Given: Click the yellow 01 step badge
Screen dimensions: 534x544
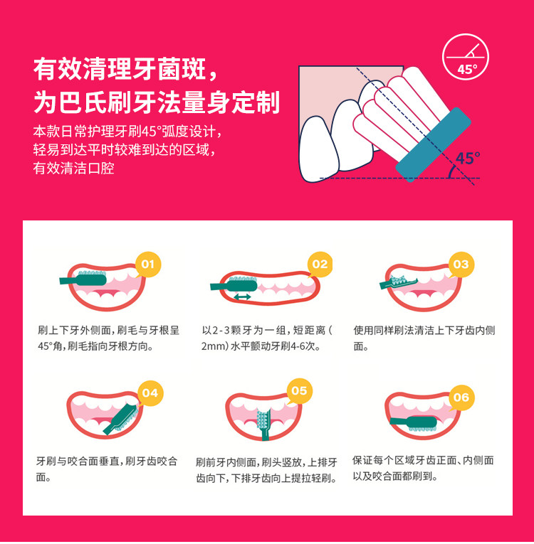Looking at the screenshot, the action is tap(148, 265).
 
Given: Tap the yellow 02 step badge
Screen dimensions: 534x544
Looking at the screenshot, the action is tap(320, 265).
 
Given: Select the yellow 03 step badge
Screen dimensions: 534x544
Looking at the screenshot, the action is tap(461, 265).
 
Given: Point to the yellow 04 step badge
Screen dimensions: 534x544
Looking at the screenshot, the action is tap(150, 393).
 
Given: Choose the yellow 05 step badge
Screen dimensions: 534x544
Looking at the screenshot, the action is tap(299, 391).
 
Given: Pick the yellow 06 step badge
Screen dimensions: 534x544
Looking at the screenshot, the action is tap(461, 398).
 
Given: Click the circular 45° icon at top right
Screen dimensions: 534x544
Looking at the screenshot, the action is tap(466, 57).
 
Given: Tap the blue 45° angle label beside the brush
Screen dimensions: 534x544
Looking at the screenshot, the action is tap(468, 158).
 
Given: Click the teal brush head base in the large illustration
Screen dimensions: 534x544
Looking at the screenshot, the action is tap(433, 144).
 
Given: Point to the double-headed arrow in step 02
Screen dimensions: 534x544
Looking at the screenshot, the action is tap(242, 297).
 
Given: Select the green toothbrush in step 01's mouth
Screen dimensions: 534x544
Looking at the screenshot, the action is tap(83, 278).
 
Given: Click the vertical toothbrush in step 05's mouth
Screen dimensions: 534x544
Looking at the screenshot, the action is tap(264, 425).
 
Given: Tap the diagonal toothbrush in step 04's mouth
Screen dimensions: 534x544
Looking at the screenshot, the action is tap(121, 419).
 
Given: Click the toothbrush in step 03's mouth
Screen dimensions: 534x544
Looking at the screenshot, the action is tap(399, 282).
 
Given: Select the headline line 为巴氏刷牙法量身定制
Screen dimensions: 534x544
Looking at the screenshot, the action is tap(157, 102).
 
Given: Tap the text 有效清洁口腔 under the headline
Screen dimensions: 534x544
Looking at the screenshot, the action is tap(73, 169).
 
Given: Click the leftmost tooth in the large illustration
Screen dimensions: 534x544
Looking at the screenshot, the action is tap(318, 149).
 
